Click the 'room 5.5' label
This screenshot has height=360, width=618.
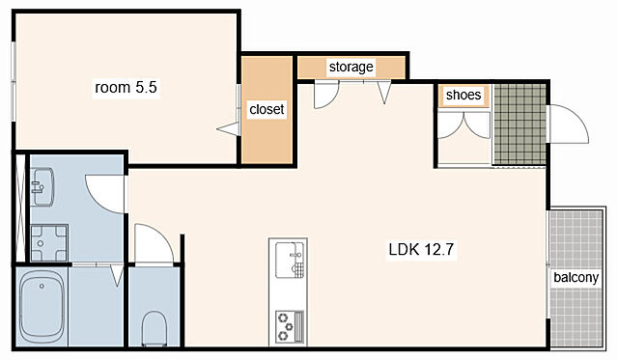coord(126,87)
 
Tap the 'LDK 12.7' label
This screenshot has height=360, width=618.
coord(421,249)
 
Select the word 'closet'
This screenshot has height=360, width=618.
coord(267,109)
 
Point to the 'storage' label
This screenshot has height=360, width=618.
coord(351,67)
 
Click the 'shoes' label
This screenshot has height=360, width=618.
coord(463,95)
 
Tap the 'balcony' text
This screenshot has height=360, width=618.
coord(576,277)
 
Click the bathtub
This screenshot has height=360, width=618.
coord(42,306)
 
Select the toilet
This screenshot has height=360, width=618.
coord(154,328)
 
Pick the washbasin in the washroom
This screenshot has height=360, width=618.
coord(42,187)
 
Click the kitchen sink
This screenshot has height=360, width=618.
coord(290,261)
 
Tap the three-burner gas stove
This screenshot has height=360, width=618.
coord(290,326)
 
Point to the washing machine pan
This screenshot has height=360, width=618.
coord(49,242)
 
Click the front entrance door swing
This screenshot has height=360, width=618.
coord(569,124)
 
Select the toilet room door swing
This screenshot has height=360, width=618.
coord(154,243)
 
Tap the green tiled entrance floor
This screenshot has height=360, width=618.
coord(520,124)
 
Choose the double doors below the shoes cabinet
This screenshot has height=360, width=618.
coord(464,125)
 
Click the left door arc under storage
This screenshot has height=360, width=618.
coord(326,95)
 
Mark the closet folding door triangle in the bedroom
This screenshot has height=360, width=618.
coord(228,128)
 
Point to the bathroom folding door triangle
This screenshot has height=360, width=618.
coord(117,275)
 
